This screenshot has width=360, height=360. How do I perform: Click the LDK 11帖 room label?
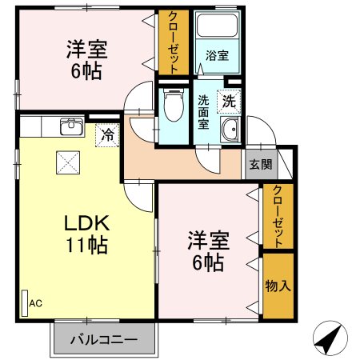[82, 231]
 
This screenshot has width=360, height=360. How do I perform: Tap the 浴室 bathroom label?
[217, 56]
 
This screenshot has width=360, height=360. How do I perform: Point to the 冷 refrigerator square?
[106, 134]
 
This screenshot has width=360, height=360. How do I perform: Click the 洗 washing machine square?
[229, 102]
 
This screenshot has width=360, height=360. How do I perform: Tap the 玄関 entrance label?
[259, 165]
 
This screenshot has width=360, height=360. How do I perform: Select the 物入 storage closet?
[278, 285]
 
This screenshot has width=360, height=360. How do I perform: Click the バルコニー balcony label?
[102, 339]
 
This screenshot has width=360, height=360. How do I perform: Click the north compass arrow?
[329, 339]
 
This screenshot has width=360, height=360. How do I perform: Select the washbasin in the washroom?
[230, 133]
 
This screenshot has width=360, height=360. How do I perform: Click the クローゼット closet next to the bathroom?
[169, 42]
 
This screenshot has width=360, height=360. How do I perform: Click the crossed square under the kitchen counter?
[66, 162]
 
